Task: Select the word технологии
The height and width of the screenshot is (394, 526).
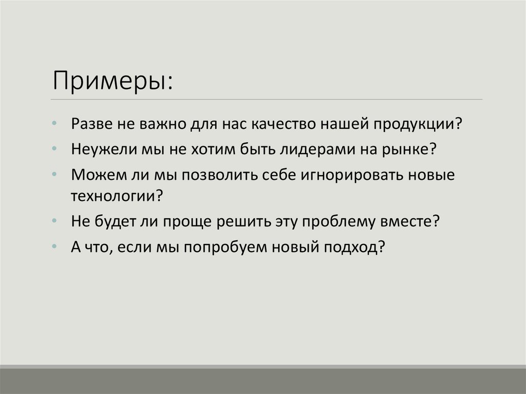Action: (114, 196)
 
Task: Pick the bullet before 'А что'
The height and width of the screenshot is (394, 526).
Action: (55, 247)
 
